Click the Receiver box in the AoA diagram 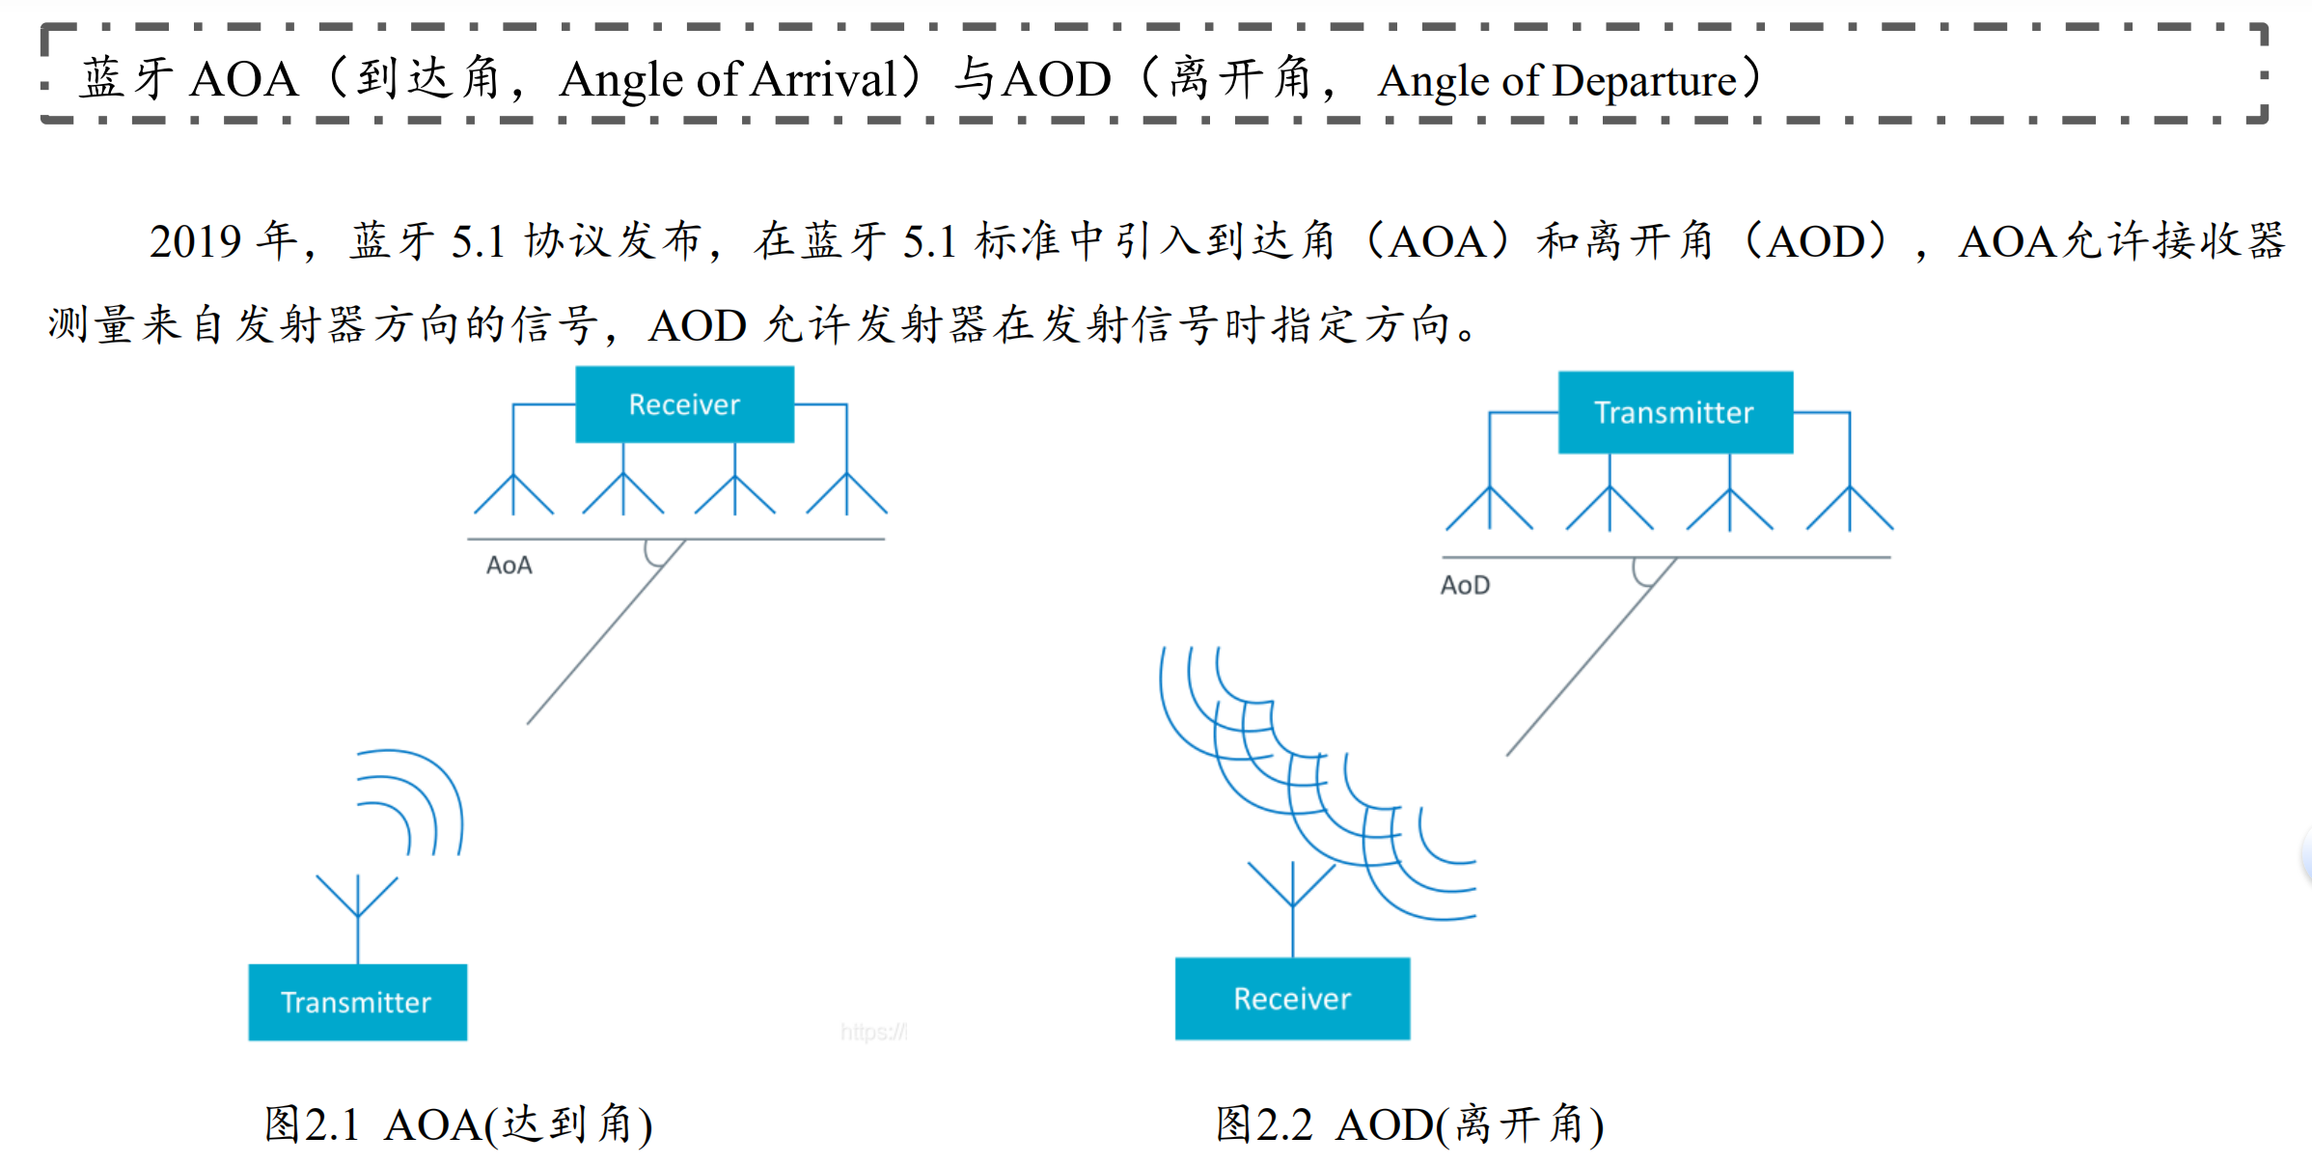pos(684,404)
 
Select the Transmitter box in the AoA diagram pos(357,1002)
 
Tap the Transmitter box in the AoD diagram pos(1675,412)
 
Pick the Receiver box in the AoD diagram pos(1292,998)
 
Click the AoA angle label pos(509,566)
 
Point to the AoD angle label pos(1465,586)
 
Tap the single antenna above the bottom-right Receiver pos(1292,888)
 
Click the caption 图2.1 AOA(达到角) pos(458,1124)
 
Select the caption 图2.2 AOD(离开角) pos(1409,1124)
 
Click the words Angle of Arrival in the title pos(729,79)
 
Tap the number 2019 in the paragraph pos(195,241)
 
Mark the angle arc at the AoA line pos(653,554)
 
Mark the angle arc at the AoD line pos(1642,573)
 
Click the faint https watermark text pos(873,1033)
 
